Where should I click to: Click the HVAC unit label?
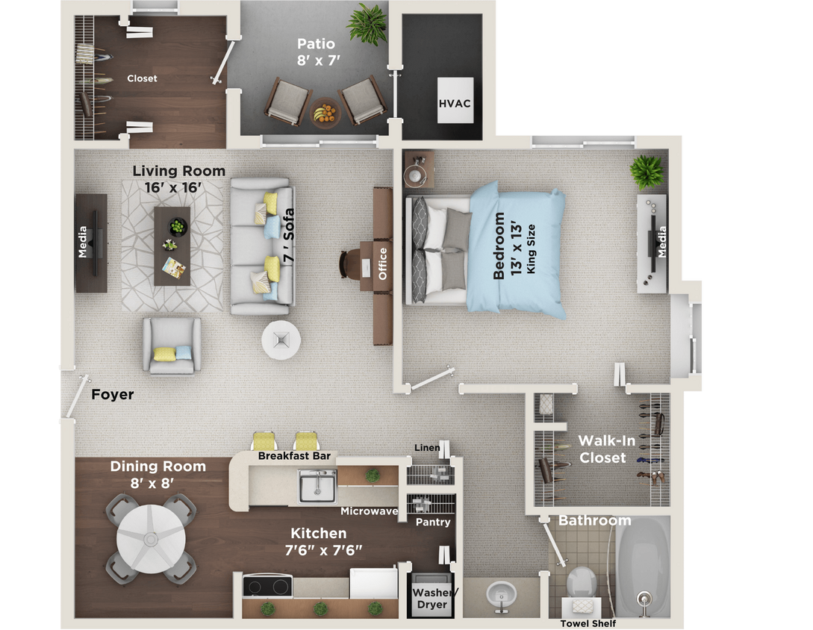pos(455,103)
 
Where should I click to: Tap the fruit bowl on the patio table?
pos(325,114)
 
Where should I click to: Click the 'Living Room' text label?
pos(178,171)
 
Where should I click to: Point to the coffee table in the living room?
pos(172,246)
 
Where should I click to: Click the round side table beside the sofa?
pos(281,340)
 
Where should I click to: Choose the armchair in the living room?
pos(172,345)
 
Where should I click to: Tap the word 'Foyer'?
pos(113,394)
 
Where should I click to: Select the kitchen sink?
pos(317,486)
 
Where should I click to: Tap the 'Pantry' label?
pos(433,522)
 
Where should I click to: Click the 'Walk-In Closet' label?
pos(602,449)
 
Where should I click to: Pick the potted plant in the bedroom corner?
pos(647,172)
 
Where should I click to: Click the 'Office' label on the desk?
pos(383,263)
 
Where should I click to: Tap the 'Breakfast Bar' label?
pos(294,456)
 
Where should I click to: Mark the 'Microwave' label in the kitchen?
pos(369,511)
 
